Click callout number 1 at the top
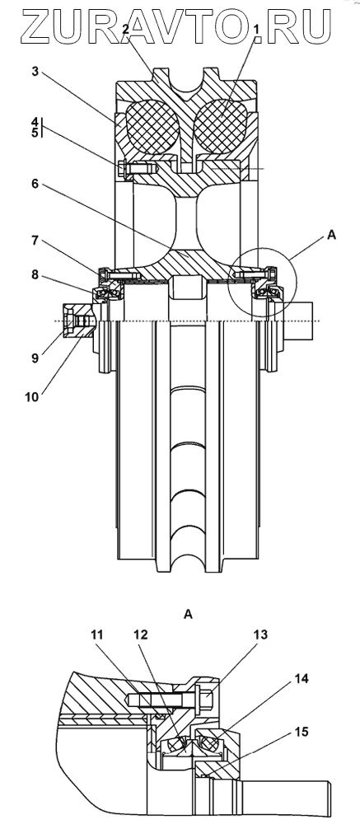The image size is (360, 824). (258, 30)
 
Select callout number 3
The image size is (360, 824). (35, 72)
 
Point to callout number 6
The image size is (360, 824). (35, 184)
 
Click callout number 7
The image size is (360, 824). (35, 240)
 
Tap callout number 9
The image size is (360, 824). (35, 359)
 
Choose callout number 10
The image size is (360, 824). (31, 397)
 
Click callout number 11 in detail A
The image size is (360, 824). (96, 634)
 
